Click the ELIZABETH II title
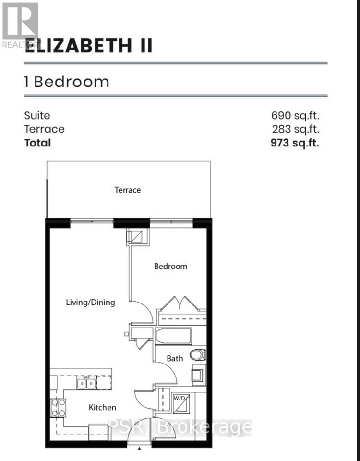89,46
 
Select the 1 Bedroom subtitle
67,82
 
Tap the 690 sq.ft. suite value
295,115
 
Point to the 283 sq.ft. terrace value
295,129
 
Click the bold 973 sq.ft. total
295,143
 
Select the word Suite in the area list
37,115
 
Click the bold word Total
37,143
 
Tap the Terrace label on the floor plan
128,190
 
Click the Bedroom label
170,266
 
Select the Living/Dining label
91,302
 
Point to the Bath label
175,358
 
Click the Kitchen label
102,407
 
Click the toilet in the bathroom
197,355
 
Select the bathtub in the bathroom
173,335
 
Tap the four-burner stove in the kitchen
58,408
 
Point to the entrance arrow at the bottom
140,448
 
